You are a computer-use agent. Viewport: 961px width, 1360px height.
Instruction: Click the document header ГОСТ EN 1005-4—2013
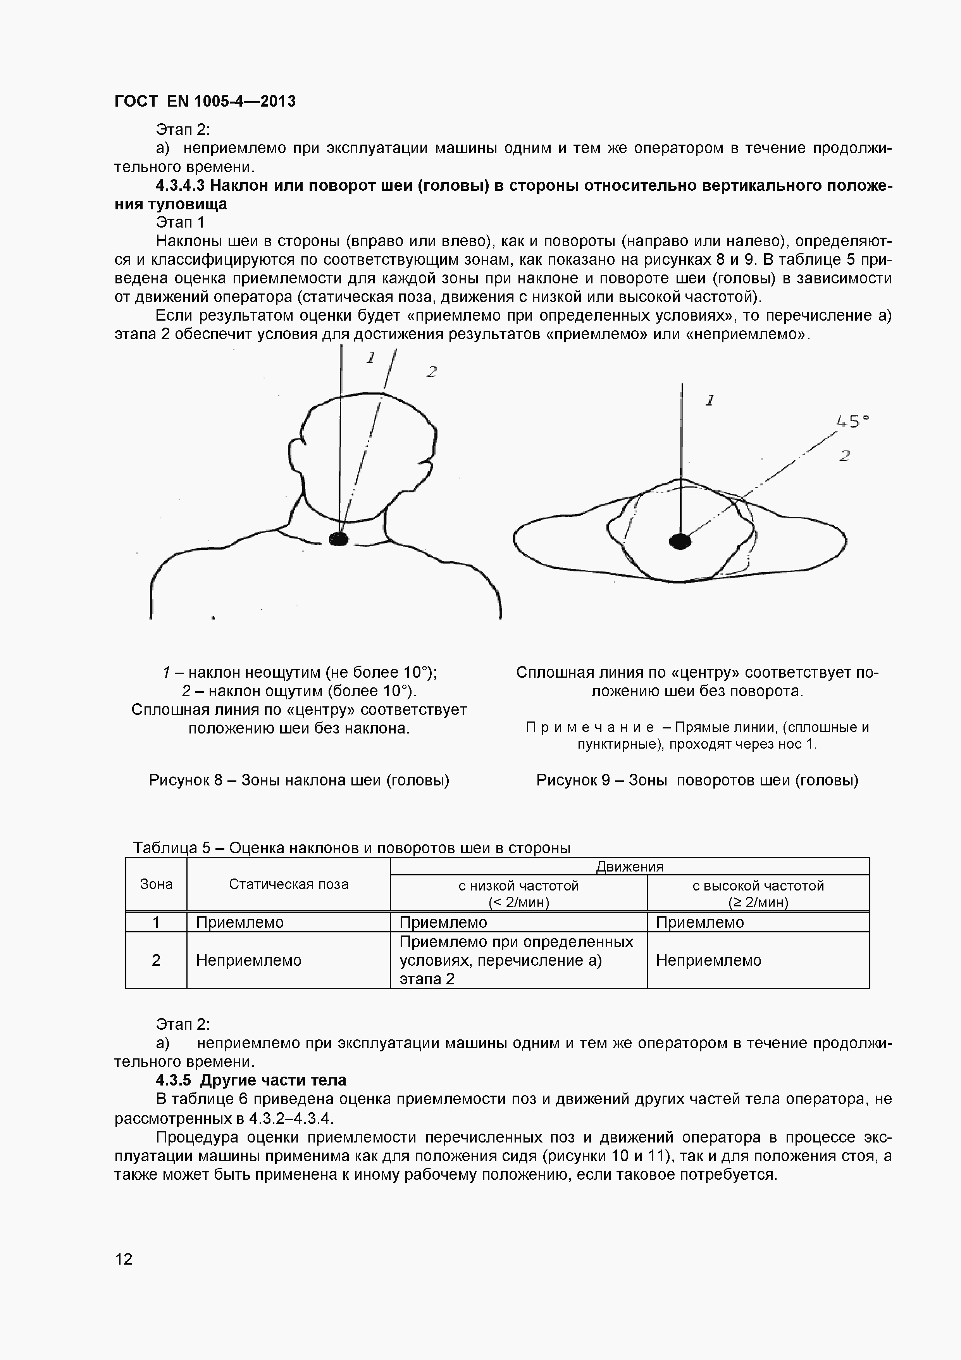click(204, 101)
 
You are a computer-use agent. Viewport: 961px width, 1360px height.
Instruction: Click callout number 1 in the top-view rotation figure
click(710, 400)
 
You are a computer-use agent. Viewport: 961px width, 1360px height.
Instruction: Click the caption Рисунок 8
click(299, 780)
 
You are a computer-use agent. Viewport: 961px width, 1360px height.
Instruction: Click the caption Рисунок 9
click(697, 780)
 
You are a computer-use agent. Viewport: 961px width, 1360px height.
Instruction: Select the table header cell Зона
click(156, 884)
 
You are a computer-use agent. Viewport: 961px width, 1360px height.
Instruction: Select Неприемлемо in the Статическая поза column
click(249, 960)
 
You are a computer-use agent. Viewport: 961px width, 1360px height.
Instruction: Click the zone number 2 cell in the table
click(156, 960)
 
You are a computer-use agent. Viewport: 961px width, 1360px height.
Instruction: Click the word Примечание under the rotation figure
click(590, 727)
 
